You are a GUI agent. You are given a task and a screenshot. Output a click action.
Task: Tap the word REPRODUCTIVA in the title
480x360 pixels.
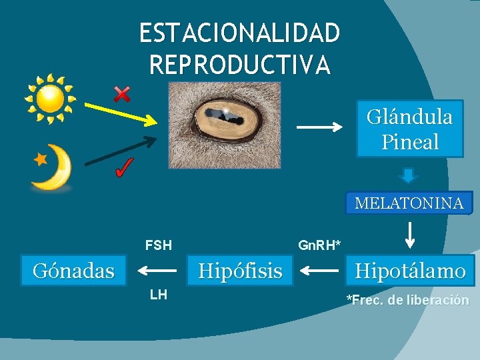(239, 64)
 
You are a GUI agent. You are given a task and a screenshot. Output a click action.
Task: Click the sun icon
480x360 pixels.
(51, 99)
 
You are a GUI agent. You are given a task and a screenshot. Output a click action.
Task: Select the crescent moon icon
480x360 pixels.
(53, 169)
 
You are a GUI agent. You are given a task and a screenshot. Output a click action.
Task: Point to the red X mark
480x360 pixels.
(122, 95)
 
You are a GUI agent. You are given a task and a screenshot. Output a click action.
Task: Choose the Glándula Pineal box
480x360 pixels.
(409, 129)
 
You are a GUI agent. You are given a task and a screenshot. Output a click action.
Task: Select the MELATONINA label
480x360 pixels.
(409, 203)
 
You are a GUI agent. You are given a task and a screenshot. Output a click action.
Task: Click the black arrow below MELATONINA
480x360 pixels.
(410, 235)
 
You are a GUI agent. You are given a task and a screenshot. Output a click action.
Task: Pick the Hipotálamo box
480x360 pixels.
(409, 271)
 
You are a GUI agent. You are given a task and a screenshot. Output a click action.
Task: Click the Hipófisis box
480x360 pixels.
(240, 271)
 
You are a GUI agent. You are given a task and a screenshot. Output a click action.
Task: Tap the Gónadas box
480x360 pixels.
(73, 271)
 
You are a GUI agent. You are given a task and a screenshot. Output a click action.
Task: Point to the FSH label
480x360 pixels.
(159, 245)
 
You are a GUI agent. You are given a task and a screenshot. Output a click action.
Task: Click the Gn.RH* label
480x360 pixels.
(319, 245)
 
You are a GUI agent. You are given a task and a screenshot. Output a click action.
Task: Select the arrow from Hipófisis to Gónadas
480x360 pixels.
(157, 271)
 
